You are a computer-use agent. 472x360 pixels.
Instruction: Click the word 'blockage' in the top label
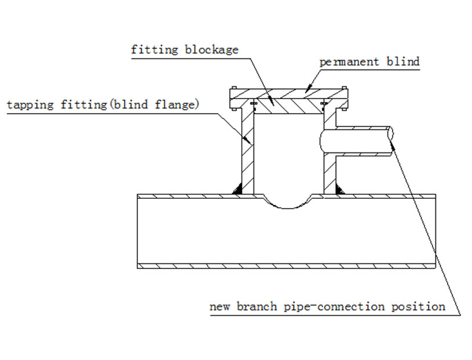click(212, 50)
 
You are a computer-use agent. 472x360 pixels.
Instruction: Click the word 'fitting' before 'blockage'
click(154, 50)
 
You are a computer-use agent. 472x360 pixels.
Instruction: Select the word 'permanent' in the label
click(349, 62)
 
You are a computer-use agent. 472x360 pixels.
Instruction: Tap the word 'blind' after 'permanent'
click(403, 61)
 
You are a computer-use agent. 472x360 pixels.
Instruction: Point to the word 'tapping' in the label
click(30, 105)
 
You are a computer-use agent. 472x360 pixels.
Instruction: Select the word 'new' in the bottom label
click(219, 307)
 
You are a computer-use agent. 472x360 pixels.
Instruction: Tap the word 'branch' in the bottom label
click(256, 307)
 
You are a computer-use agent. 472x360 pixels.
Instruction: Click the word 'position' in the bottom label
click(419, 307)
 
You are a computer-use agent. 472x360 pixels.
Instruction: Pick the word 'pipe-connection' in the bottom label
click(335, 307)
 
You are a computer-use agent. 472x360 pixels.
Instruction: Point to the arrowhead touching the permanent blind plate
click(308, 89)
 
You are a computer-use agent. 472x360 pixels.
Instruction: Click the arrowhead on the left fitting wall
click(247, 139)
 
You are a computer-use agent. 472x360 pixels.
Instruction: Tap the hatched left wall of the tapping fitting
click(248, 151)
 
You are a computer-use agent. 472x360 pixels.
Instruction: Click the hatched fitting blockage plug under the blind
click(288, 106)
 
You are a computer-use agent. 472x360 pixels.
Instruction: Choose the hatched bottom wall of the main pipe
click(286, 266)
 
